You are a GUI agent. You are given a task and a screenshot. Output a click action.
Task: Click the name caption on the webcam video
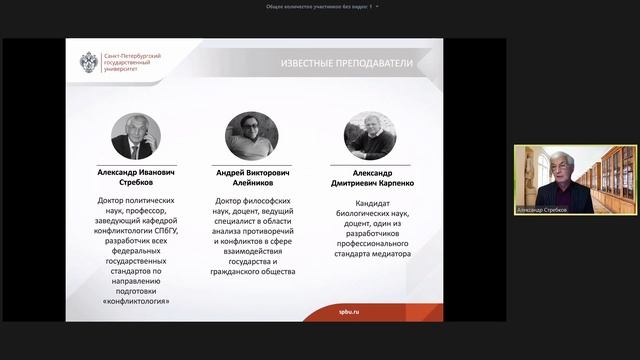(x=541, y=210)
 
